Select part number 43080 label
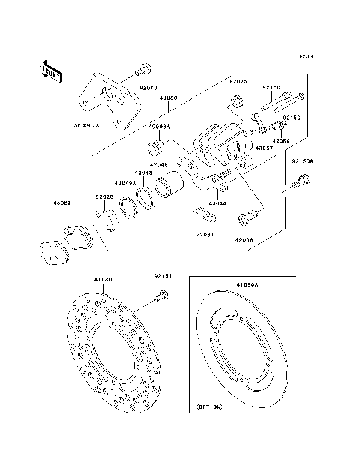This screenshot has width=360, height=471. (167, 97)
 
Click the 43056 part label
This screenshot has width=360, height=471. (282, 140)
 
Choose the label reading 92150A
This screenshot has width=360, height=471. (325, 160)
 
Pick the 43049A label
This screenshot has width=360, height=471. (125, 182)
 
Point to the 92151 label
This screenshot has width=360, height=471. (165, 276)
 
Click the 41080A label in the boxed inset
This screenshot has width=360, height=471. (247, 285)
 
